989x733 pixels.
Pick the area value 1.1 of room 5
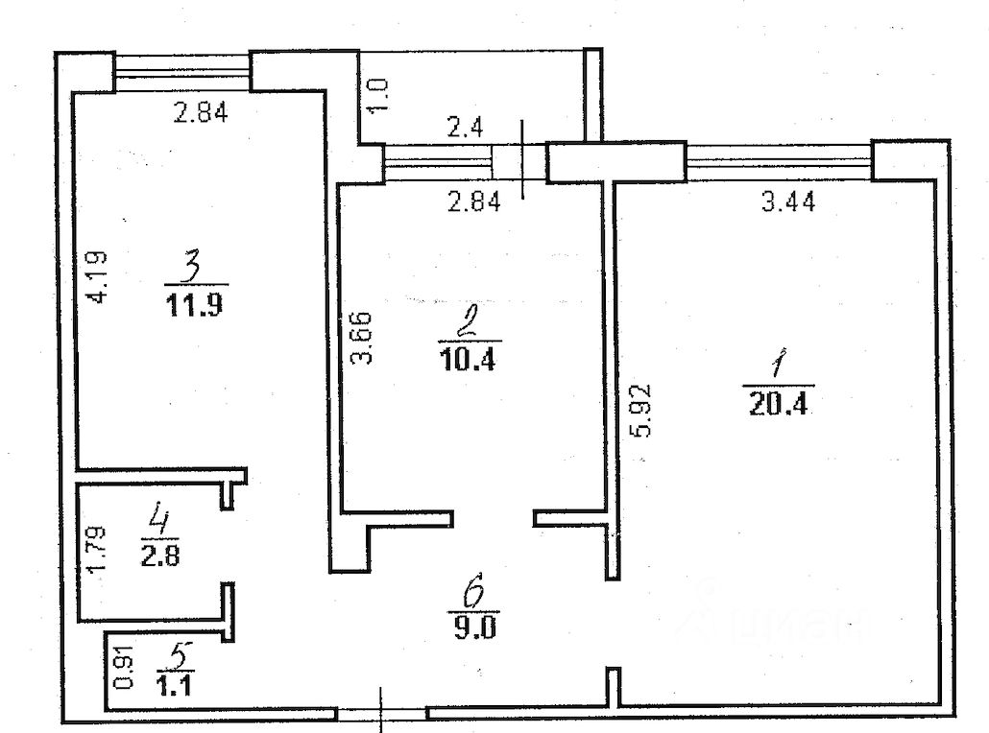(x=173, y=684)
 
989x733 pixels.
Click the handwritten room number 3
(x=192, y=265)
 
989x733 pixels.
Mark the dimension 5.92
(x=642, y=411)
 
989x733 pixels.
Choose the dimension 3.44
(x=787, y=201)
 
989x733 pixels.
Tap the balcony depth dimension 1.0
(x=379, y=96)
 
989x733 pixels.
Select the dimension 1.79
(x=95, y=552)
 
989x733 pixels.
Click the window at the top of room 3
(x=182, y=70)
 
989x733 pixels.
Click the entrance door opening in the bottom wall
(x=381, y=714)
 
